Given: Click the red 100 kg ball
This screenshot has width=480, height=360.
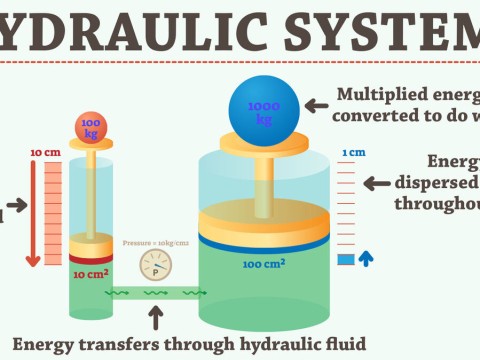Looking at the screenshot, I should point(90,127).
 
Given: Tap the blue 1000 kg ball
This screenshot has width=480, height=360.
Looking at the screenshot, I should point(264,110).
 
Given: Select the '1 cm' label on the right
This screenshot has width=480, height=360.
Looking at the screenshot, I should point(352,153).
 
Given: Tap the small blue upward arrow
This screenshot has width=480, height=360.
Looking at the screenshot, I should point(366,258).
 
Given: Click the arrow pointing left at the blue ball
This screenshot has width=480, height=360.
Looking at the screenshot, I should point(319,104).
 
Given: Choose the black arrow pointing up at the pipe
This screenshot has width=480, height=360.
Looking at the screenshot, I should point(155,316).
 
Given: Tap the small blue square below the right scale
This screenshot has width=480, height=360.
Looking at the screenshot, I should point(346,260).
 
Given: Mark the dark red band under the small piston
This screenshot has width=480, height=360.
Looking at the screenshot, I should point(90,257).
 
